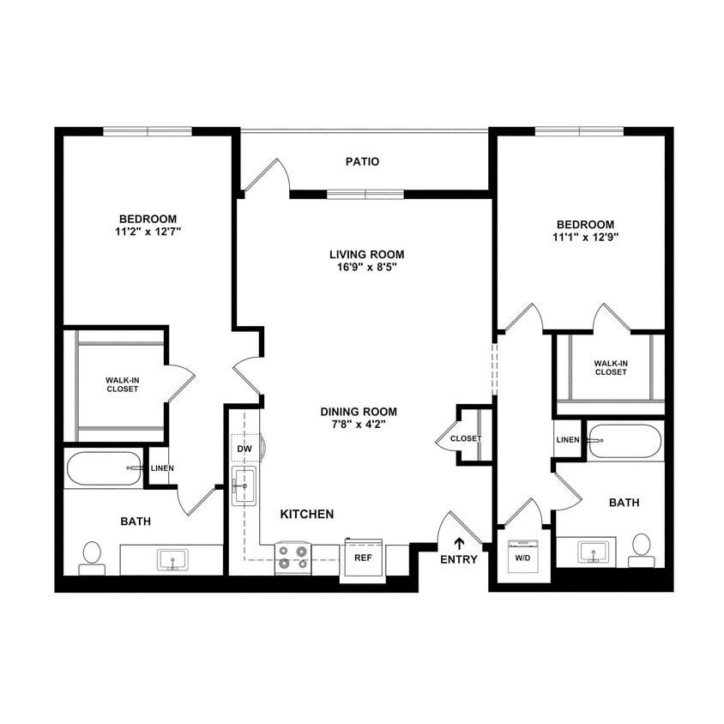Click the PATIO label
coord(362,161)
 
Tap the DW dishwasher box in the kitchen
coord(244,449)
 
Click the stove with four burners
coord(293,558)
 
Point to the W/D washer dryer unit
coord(522,556)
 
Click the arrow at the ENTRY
coord(459,542)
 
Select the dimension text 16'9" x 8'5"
coord(366,267)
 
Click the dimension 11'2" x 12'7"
coord(148,231)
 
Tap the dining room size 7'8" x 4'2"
coord(359,424)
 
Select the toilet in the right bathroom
coord(641,549)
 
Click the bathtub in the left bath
coord(105,468)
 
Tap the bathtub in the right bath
coord(625,441)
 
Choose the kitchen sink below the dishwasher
coord(244,486)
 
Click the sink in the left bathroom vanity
coord(172,561)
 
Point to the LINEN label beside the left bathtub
coord(162,468)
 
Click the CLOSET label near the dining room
coord(466,438)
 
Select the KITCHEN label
coord(307,514)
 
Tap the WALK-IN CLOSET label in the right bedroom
coord(610,367)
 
